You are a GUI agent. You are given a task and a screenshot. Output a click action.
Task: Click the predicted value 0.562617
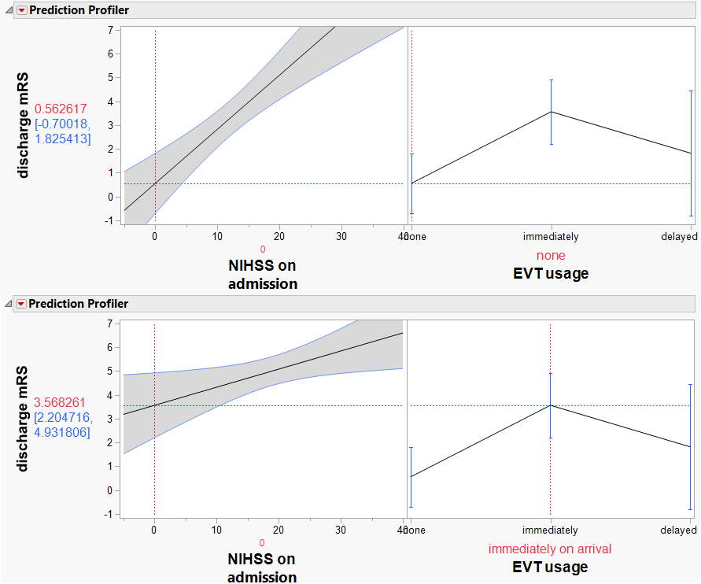60,109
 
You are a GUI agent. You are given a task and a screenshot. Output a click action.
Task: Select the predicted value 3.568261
60,402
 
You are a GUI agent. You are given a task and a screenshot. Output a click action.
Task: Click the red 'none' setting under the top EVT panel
551,256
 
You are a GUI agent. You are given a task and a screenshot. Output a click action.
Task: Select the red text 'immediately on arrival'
550,549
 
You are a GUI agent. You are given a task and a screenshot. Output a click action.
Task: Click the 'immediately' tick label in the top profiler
551,236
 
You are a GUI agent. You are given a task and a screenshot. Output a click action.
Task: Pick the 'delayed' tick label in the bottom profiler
679,530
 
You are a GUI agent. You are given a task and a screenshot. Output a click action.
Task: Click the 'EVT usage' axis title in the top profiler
551,274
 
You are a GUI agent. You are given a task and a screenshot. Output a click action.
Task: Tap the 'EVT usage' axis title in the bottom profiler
550,567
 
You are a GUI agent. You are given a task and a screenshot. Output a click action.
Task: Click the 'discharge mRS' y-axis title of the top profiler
24,126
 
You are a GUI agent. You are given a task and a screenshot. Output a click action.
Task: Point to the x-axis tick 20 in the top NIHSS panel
279,236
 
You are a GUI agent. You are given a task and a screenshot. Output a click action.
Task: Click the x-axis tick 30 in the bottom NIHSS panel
341,530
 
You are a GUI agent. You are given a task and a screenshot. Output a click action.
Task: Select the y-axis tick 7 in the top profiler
110,30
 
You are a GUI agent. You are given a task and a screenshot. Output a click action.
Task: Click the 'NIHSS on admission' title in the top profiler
263,275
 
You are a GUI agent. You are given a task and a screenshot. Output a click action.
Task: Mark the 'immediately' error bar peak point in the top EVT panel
551,112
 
